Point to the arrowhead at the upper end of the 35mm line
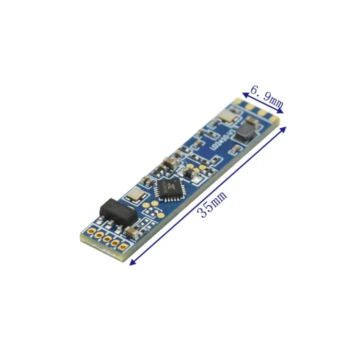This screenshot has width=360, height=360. pyautogui.click(x=285, y=128)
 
